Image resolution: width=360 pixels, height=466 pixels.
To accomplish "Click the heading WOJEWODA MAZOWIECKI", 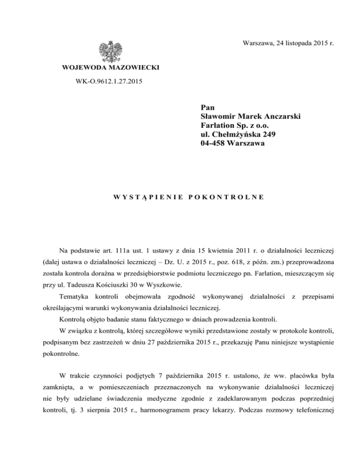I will tap(111, 68).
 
